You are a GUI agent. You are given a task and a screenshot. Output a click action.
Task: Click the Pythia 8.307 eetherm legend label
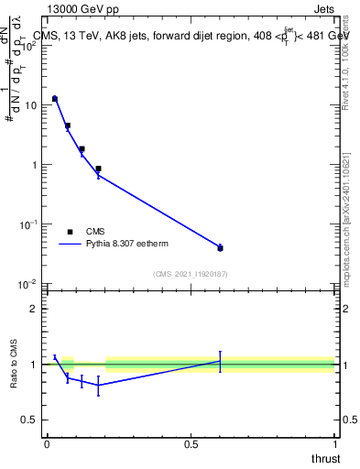pos(129,245)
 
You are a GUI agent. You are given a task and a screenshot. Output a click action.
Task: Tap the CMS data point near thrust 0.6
pos(220,248)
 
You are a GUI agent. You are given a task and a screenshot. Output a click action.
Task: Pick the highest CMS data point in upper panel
pos(55,98)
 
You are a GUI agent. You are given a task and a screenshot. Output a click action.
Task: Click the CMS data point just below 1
pos(98,169)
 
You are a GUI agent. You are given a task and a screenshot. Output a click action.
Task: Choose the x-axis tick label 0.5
pos(191,444)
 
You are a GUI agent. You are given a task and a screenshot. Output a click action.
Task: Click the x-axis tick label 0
pos(46,444)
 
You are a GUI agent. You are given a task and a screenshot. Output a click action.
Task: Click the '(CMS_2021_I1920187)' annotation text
pos(190,274)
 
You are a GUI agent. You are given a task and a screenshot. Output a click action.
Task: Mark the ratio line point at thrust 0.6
pos(220,361)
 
